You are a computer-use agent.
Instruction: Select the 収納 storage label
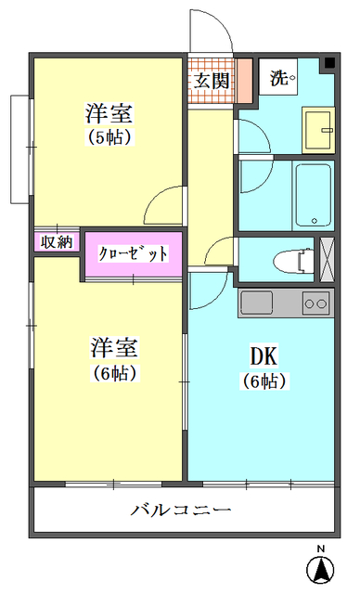[x=57, y=242]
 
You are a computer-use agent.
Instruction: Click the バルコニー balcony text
[x=181, y=510]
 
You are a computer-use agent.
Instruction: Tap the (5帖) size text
[x=109, y=136]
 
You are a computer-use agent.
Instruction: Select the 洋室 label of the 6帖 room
[x=114, y=348]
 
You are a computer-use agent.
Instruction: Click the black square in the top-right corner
[x=328, y=64]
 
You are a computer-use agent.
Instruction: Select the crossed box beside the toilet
[x=326, y=259]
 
